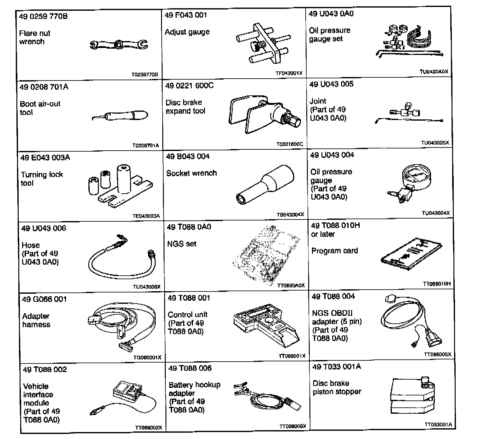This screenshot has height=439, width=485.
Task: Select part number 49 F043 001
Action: click(186, 15)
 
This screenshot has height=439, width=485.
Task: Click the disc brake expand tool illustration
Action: click(263, 115)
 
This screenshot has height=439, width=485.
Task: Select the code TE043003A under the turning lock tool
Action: click(146, 216)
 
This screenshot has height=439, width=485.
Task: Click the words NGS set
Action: click(182, 244)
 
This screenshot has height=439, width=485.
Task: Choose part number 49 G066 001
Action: click(45, 299)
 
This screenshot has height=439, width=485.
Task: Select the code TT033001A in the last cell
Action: click(438, 424)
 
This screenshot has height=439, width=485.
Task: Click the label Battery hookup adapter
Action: click(194, 389)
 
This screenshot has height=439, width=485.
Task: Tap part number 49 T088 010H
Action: click(335, 226)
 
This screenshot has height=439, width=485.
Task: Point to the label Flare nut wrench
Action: click(34, 38)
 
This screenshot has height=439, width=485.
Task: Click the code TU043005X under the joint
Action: click(435, 143)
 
